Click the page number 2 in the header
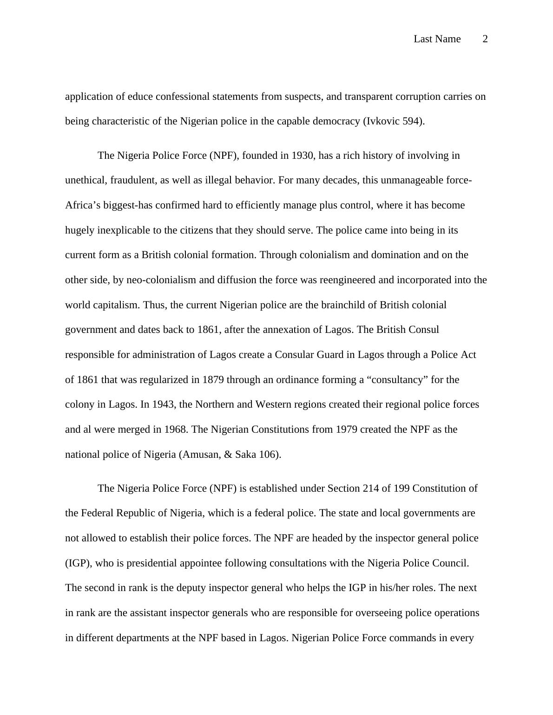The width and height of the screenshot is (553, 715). click(485, 39)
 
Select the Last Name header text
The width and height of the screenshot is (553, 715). click(437, 39)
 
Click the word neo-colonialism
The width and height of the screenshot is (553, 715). click(158, 280)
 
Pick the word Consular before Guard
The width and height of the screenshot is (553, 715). click(294, 355)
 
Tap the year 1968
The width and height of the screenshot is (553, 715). click(176, 429)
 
